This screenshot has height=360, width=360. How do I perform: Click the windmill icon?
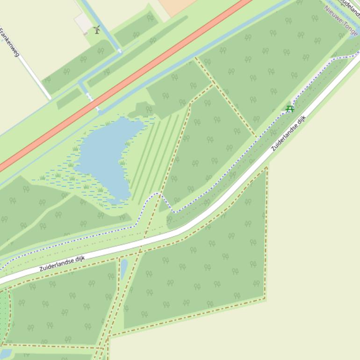tap(97, 30)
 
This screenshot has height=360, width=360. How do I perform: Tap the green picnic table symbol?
tap(290, 109)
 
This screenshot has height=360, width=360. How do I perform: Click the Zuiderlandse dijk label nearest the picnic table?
tap(288, 133)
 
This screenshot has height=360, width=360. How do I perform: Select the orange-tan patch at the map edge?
tap(175, 6)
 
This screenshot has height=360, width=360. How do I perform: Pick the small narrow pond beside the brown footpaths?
tap(124, 269)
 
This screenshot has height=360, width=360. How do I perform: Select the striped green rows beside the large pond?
tap(154, 154)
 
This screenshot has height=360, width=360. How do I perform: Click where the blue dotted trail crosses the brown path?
tap(159, 194)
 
